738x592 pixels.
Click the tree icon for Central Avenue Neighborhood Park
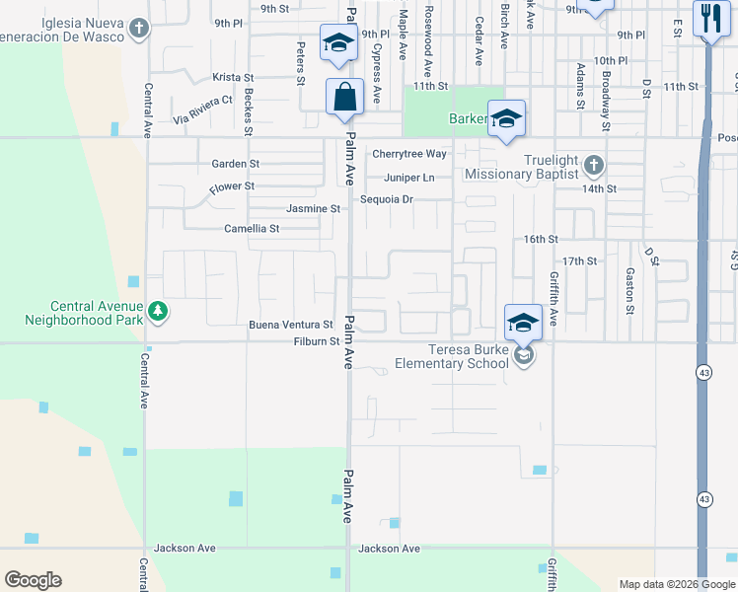157,313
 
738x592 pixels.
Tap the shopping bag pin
344,98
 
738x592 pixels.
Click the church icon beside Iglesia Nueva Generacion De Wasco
141,28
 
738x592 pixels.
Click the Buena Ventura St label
290,324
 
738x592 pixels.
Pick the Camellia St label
252,228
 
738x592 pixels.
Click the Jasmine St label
313,209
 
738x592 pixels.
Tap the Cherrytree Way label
408,154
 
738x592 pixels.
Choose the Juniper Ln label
408,178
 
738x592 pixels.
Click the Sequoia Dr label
386,198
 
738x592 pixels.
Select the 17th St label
586,260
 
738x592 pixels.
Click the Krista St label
234,77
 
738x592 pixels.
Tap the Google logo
34,580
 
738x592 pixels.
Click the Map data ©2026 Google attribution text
676,584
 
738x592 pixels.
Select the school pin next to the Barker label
506,118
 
